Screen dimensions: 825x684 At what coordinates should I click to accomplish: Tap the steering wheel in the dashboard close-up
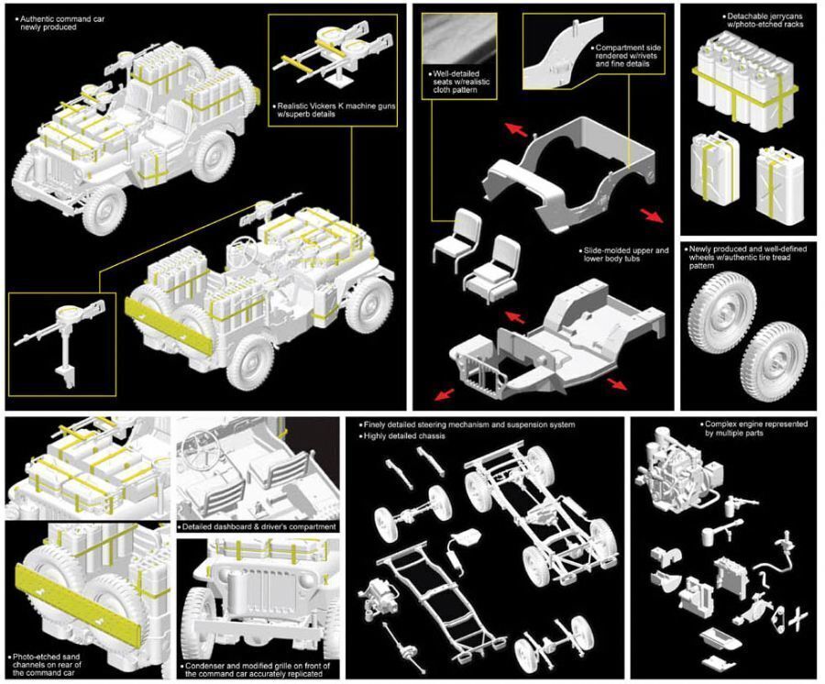[x=202, y=447]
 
